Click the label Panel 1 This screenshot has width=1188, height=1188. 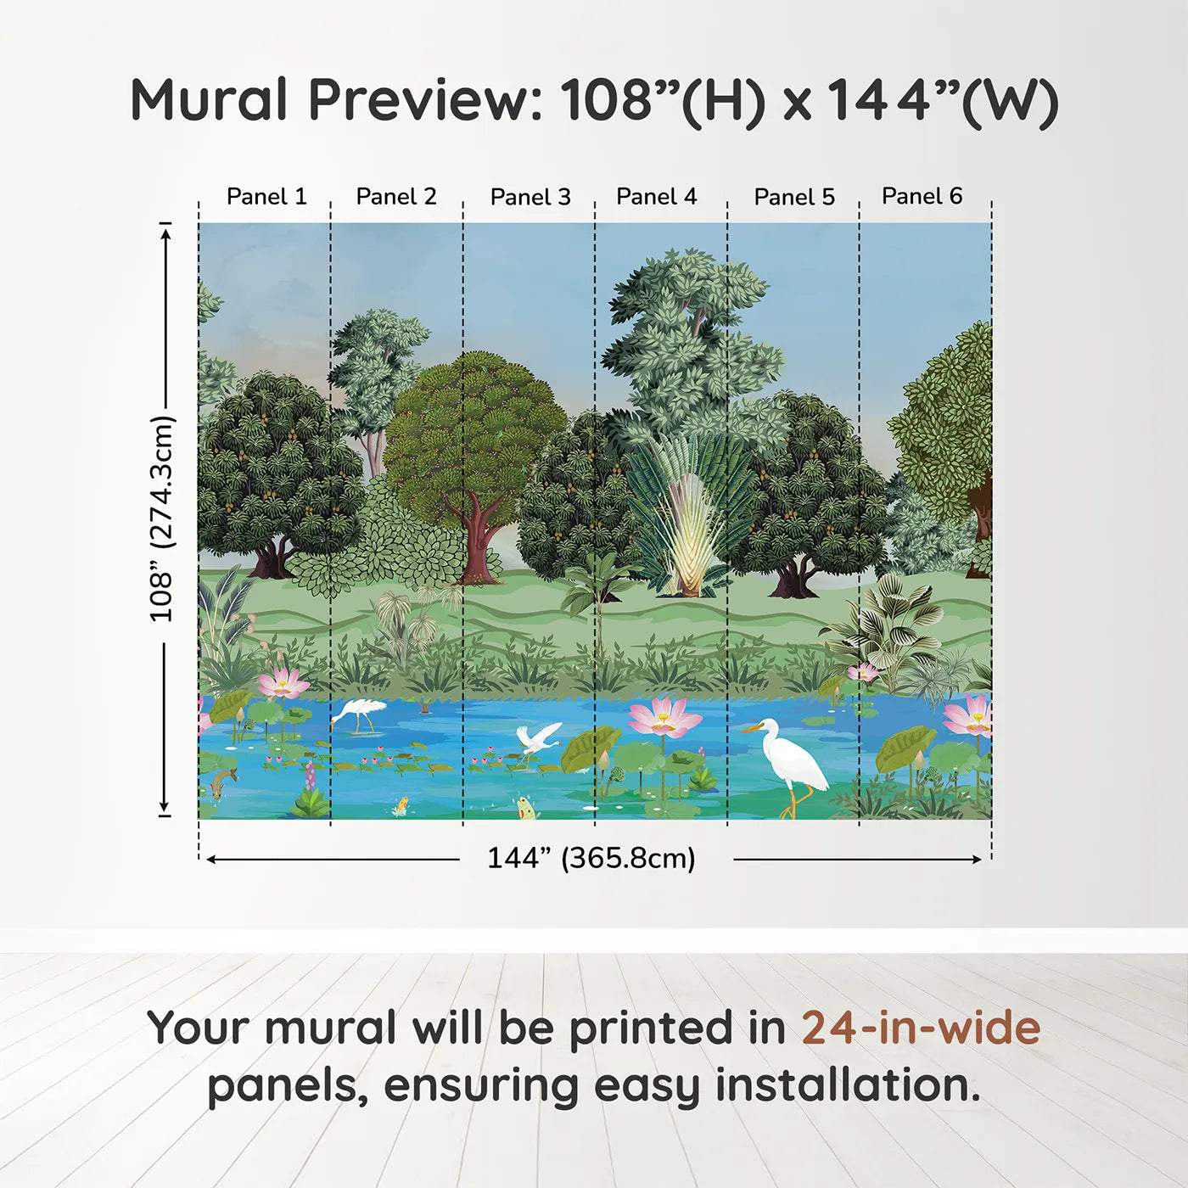point(266,197)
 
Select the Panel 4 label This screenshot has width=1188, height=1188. point(656,197)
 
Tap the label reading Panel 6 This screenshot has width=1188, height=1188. point(922,197)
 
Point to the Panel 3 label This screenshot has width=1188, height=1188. point(530,197)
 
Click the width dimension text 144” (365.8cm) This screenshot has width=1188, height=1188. point(591,858)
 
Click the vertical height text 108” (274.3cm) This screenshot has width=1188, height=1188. point(161,518)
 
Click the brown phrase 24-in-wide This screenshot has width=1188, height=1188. point(921,1028)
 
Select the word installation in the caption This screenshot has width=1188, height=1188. point(847,1085)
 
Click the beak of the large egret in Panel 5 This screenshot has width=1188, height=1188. point(751,728)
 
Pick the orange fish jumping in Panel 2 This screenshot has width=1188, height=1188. point(401,804)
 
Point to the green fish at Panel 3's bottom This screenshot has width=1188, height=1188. point(528,808)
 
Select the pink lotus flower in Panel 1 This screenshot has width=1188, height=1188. point(283,682)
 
